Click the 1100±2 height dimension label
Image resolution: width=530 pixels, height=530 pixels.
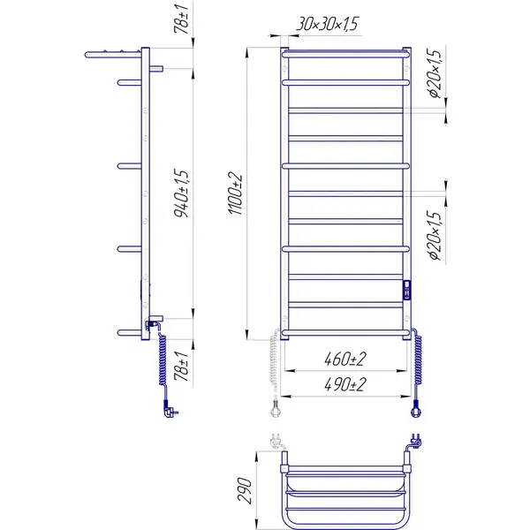pyautogui.click(x=236, y=193)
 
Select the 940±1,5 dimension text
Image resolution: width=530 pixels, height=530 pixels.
pyautogui.click(x=181, y=193)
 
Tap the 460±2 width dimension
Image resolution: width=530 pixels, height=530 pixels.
pyautogui.click(x=344, y=359)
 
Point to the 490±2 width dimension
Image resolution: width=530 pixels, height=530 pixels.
pyautogui.click(x=344, y=384)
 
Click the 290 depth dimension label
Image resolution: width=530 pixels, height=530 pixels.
pyautogui.click(x=245, y=490)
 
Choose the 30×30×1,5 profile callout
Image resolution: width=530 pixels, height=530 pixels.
pyautogui.click(x=327, y=24)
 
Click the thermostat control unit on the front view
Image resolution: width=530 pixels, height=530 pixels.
pyautogui.click(x=406, y=290)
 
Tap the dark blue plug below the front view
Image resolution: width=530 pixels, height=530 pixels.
pyautogui.click(x=415, y=408)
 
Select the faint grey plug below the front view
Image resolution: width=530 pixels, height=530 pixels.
pyautogui.click(x=275, y=408)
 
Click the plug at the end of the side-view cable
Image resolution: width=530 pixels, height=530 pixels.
pyautogui.click(x=170, y=409)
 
